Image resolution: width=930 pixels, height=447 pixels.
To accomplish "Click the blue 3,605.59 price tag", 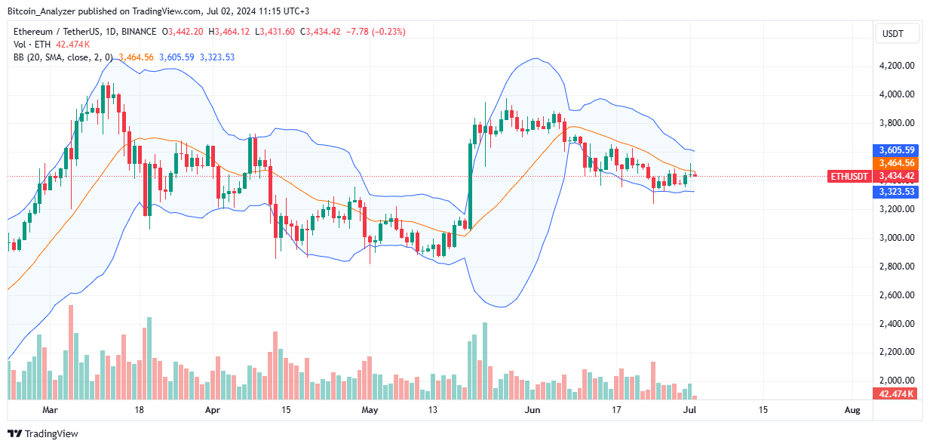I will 895,150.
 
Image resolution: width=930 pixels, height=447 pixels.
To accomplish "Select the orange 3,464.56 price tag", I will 895,163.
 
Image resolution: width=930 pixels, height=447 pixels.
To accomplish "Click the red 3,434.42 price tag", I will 895,176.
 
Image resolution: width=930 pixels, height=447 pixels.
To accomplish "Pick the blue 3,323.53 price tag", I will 895,192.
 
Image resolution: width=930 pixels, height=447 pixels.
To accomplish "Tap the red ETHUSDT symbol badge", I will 849,176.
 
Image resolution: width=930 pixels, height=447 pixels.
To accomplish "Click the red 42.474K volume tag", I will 895,394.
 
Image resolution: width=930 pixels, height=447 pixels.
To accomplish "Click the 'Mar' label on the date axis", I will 50,410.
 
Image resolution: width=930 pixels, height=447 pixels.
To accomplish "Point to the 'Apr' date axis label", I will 212,410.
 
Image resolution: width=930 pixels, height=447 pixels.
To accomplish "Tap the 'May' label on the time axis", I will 369,410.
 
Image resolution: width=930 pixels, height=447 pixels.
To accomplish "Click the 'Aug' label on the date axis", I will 852,410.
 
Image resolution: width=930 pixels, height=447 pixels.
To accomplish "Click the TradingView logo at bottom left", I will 43,433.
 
